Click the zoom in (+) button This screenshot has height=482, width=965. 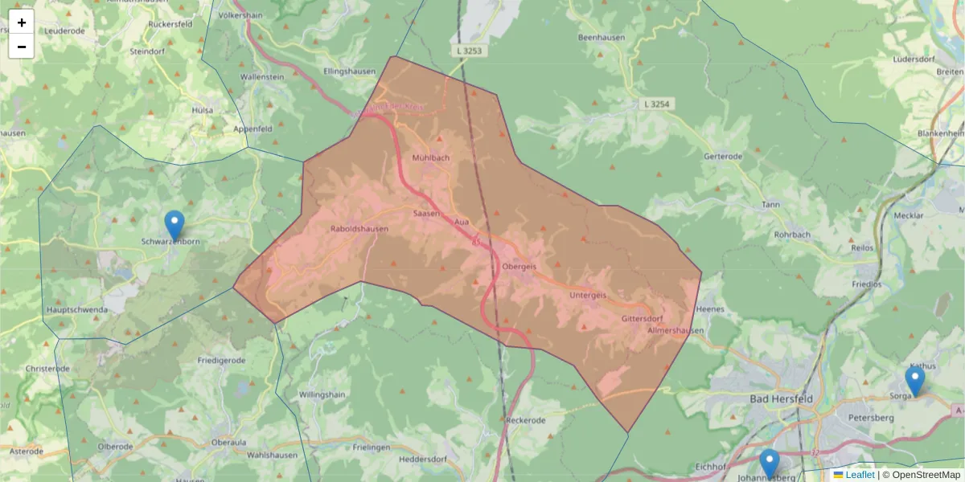pyautogui.click(x=22, y=22)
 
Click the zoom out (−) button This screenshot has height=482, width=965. pyautogui.click(x=22, y=47)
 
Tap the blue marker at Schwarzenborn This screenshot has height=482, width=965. pyautogui.click(x=175, y=225)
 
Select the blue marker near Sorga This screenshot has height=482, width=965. pyautogui.click(x=914, y=381)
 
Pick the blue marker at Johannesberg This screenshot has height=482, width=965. pyautogui.click(x=770, y=464)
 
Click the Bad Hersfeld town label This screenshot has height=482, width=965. pyautogui.click(x=781, y=399)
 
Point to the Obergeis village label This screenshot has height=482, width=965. pyautogui.click(x=519, y=266)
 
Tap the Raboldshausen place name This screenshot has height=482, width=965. pyautogui.click(x=359, y=229)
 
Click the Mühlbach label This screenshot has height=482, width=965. pyautogui.click(x=431, y=157)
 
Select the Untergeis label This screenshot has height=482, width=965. pyautogui.click(x=587, y=295)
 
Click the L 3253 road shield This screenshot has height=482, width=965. pyautogui.click(x=470, y=51)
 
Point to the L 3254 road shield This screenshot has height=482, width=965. pyautogui.click(x=657, y=104)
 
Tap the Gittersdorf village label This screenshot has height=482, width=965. pyautogui.click(x=642, y=319)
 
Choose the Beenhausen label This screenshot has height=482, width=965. pyautogui.click(x=602, y=38)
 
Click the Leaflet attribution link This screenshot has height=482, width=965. pyautogui.click(x=859, y=475)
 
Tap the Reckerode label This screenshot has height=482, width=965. pyautogui.click(x=527, y=420)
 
